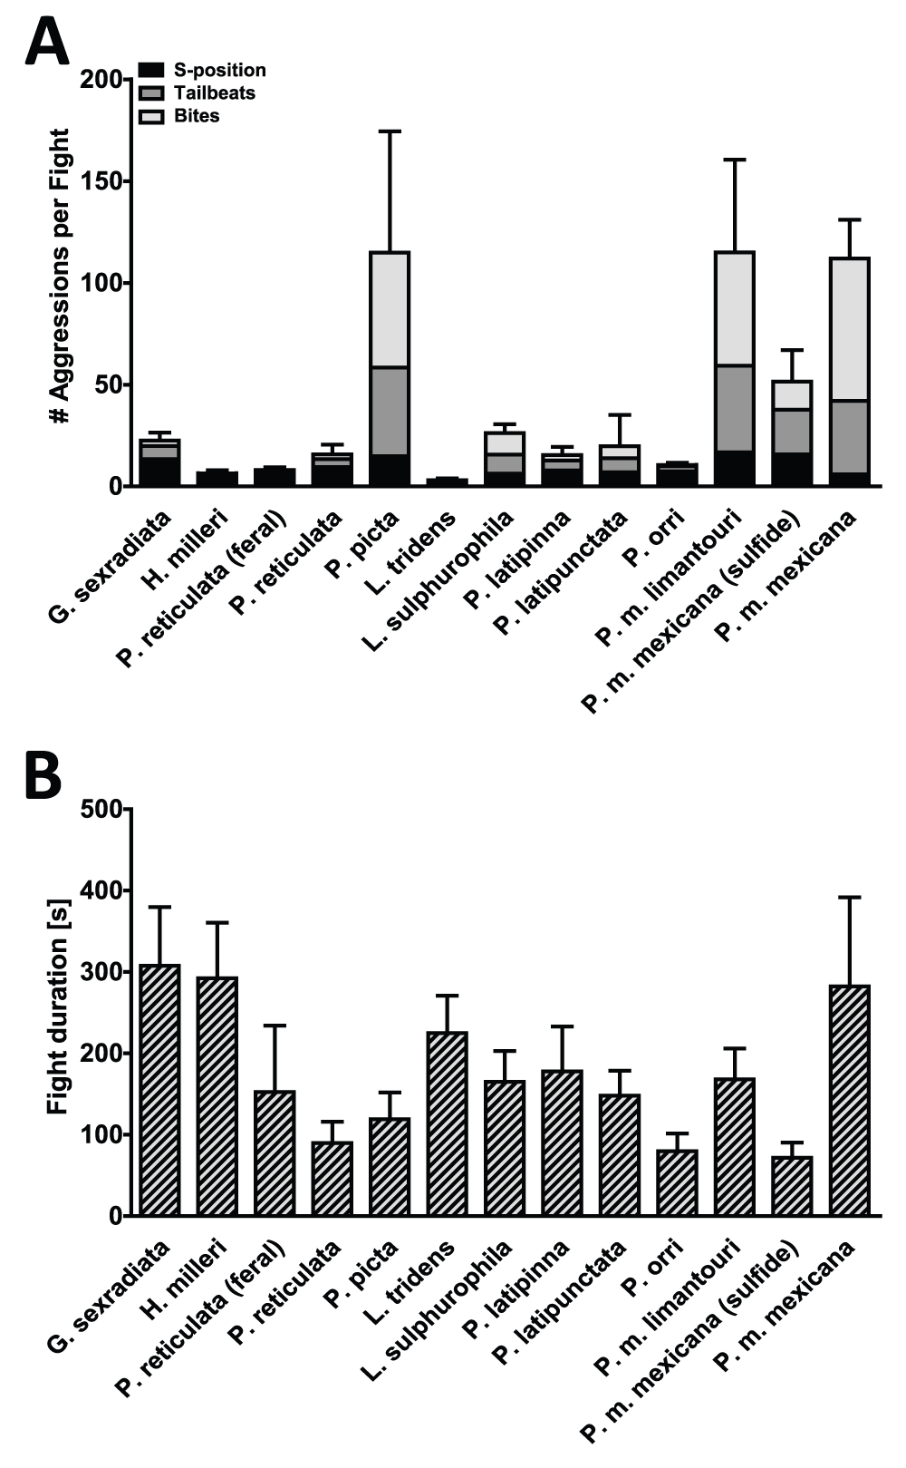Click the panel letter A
coord(45,43)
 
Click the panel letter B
coord(43,775)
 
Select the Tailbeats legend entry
coord(214,92)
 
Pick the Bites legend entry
coord(196,115)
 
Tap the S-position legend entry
coord(219,70)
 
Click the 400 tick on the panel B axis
coord(107,890)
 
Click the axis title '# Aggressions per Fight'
coord(60,277)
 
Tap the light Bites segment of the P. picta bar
coord(390,309)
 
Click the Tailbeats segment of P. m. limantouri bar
coord(735,408)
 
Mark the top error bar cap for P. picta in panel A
coord(390,131)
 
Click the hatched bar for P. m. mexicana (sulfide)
coord(792,1186)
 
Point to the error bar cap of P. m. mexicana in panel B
coord(849,897)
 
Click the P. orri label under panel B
coord(665,1266)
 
